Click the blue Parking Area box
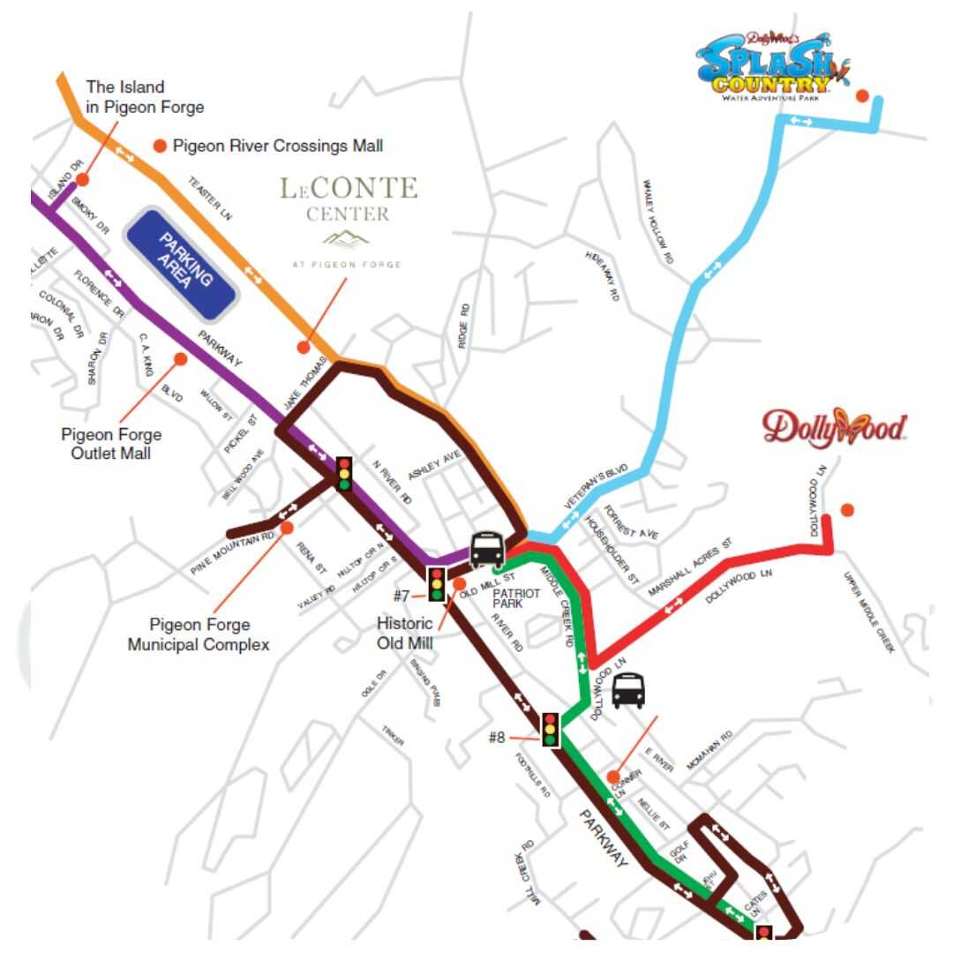pos(180,264)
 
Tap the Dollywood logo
pos(834,427)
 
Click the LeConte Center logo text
pos(349,199)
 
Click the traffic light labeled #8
pos(551,729)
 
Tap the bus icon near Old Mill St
pos(487,550)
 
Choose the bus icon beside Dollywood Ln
pos(628,691)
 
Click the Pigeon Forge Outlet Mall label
pos(111,444)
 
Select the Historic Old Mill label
pos(405,634)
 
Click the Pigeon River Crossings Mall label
pos(278,146)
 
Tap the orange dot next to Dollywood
pos(847,509)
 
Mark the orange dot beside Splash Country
pos(862,95)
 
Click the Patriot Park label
pos(516,598)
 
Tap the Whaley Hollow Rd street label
pos(658,222)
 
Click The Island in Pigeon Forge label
pos(145,97)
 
